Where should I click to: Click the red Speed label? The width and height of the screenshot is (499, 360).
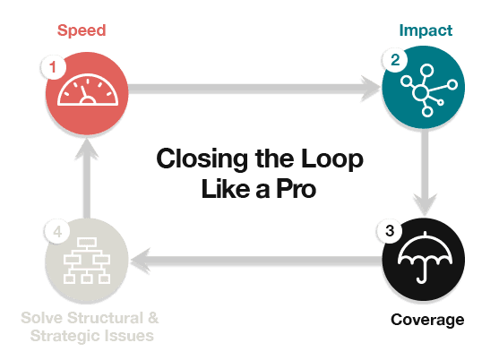tap(82, 31)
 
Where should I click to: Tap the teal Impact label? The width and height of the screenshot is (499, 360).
tap(426, 31)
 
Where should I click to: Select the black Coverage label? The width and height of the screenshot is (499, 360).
tap(427, 320)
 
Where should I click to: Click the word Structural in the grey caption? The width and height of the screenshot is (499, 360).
tap(106, 318)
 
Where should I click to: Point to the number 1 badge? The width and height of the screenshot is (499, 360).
tap(53, 67)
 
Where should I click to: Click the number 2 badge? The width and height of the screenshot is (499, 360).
tap(395, 60)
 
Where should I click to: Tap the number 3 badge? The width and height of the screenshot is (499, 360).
tap(390, 231)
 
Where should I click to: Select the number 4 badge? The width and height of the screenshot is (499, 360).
tap(57, 232)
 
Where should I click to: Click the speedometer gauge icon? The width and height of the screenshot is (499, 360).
tap(88, 90)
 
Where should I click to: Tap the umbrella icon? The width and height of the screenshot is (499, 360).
tap(425, 258)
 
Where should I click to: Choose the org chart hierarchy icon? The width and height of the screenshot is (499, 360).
tap(87, 261)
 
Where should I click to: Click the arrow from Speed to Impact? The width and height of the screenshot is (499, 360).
tap(254, 89)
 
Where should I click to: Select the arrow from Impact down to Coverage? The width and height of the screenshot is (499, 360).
tap(426, 172)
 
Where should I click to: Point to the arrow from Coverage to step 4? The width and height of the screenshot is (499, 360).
tap(256, 261)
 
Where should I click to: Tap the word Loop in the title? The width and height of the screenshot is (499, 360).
tap(332, 159)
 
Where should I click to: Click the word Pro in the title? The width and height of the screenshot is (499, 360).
tap(296, 189)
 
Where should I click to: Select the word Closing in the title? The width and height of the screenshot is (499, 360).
tap(202, 159)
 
